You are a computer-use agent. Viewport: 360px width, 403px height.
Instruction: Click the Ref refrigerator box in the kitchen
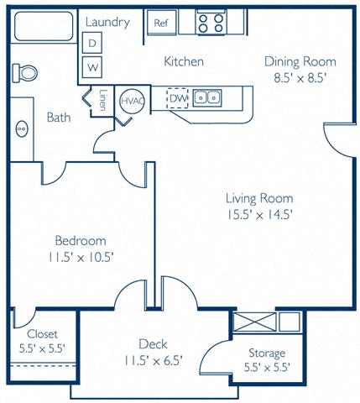(x=161, y=23)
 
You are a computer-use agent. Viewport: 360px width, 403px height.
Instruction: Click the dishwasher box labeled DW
(x=177, y=99)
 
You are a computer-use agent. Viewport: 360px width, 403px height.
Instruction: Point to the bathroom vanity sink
(x=22, y=129)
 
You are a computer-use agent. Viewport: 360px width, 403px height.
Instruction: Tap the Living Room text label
(x=259, y=198)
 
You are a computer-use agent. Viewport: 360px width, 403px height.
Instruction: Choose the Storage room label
(x=267, y=353)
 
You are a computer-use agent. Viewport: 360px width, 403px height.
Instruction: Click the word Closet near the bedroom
(x=42, y=333)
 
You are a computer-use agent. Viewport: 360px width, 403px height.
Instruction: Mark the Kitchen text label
(x=184, y=62)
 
